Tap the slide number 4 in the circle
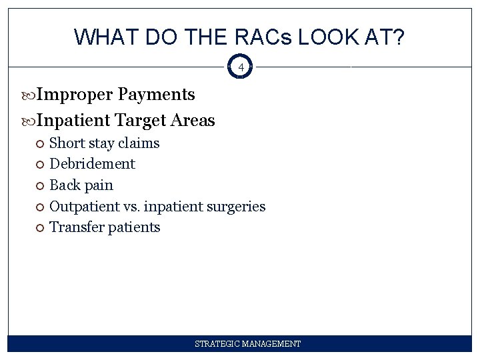point(241,67)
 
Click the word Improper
point(75,95)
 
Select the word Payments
point(157,95)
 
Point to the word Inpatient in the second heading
point(74,121)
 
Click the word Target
point(141,121)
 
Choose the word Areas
point(193,121)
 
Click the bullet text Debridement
point(93,164)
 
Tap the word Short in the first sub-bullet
point(67,143)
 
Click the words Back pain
point(81,185)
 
